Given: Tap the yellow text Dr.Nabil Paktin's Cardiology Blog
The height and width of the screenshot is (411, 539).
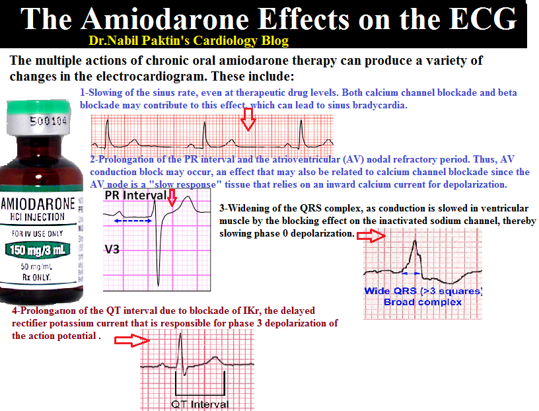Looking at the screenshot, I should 189,41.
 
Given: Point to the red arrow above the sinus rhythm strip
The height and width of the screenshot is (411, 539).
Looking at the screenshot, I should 248,119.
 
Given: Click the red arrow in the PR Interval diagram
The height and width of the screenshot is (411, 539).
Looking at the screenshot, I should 173,197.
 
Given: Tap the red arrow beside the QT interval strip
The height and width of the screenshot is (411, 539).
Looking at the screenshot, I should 131,340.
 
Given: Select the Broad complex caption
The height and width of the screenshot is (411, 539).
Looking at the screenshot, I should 423,302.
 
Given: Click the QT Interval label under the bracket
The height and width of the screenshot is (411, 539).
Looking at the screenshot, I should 200,404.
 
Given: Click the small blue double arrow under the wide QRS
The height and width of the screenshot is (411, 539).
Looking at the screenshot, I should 412,272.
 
